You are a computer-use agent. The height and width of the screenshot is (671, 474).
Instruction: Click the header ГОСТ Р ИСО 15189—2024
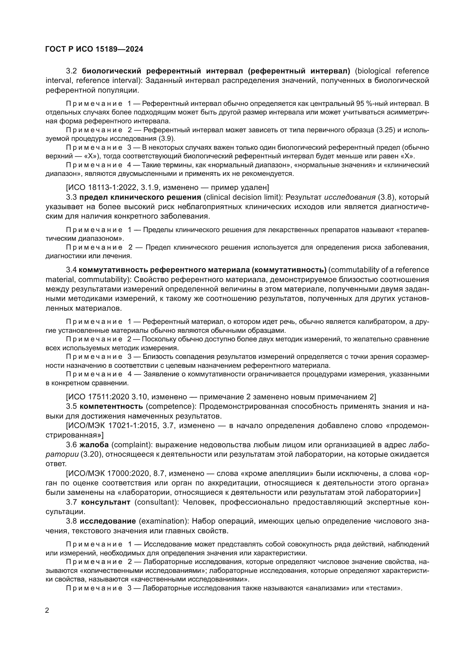point(94,49)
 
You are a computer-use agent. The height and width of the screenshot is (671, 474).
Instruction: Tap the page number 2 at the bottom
point(47,610)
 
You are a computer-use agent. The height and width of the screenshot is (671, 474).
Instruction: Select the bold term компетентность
point(111,406)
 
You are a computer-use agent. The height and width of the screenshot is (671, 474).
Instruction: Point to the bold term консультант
point(106,502)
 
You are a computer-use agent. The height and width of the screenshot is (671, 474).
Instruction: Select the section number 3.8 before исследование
point(72,521)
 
